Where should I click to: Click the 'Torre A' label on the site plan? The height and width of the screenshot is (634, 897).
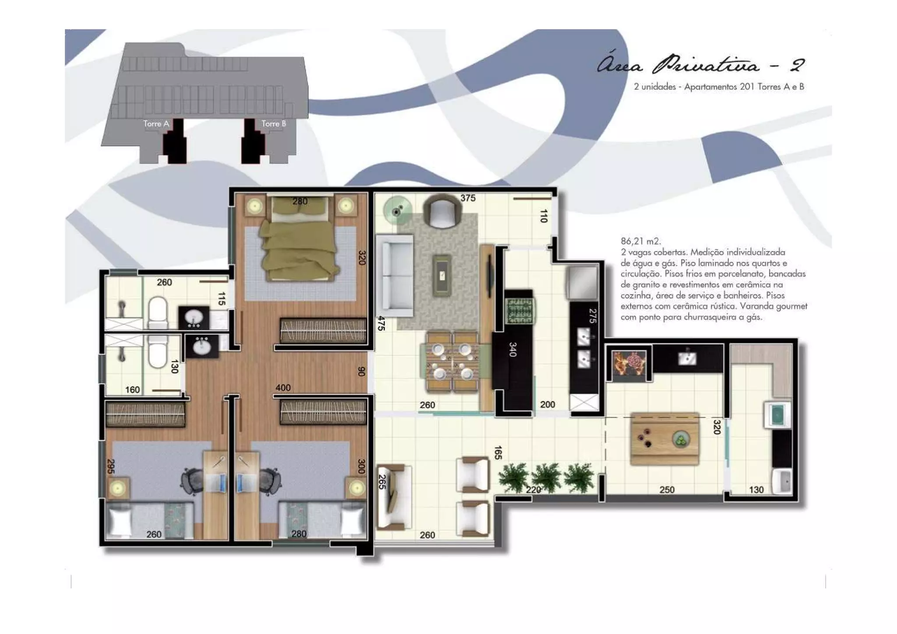click(156, 124)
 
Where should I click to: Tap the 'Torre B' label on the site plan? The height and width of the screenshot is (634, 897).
click(274, 124)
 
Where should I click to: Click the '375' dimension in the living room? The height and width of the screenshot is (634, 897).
click(468, 198)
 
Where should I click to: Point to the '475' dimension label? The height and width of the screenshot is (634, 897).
click(381, 323)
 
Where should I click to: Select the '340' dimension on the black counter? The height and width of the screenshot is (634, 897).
click(513, 349)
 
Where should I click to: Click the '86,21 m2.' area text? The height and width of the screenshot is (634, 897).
click(641, 241)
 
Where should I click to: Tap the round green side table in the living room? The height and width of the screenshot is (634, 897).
click(397, 211)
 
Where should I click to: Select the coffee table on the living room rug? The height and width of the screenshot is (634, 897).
click(442, 275)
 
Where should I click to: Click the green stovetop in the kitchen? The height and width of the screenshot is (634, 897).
click(519, 311)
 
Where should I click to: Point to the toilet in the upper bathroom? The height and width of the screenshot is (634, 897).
click(158, 312)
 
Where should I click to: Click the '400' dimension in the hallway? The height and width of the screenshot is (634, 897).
click(283, 388)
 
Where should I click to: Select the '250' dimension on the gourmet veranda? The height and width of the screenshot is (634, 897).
click(667, 490)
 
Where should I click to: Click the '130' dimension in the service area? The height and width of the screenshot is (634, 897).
click(756, 490)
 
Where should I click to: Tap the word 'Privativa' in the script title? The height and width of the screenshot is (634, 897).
click(706, 65)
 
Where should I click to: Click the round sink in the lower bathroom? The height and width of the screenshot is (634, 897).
click(202, 347)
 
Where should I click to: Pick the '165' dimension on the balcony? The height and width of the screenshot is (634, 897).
click(498, 453)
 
